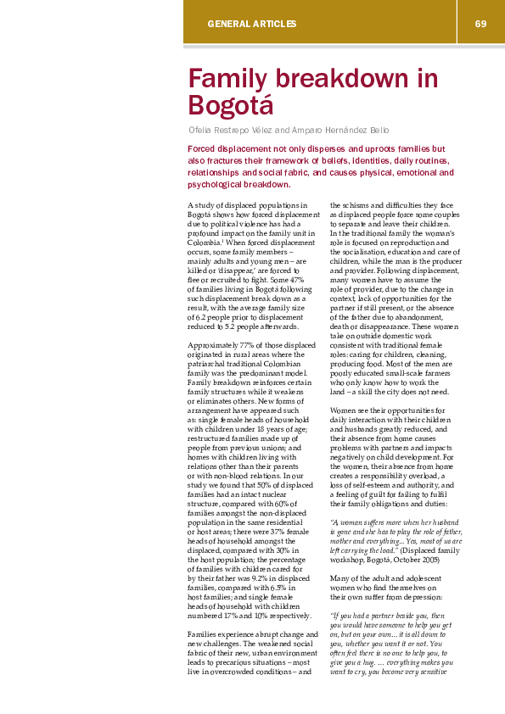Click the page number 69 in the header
click(x=480, y=23)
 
